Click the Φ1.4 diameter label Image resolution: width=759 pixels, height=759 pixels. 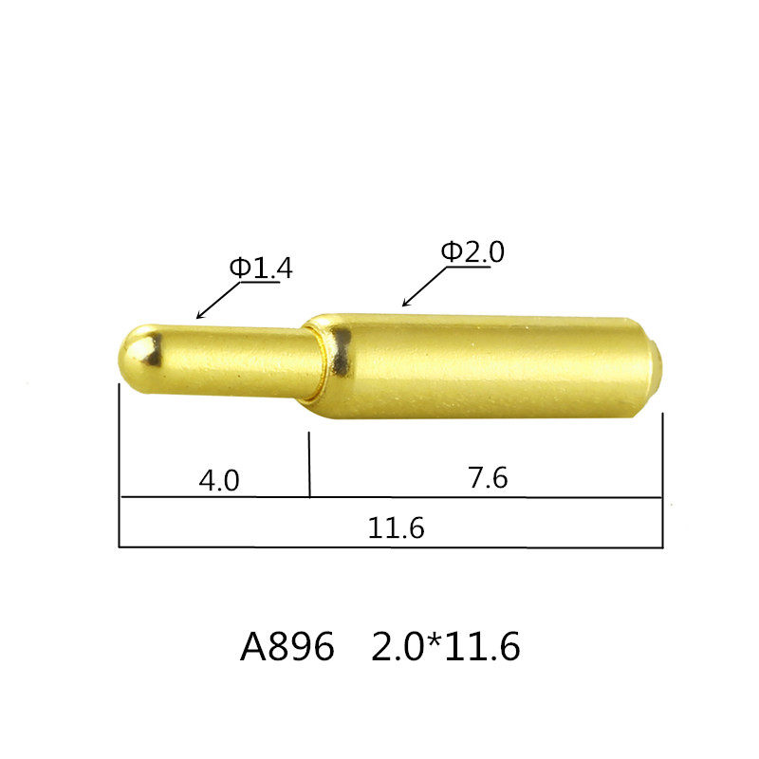[x=260, y=268]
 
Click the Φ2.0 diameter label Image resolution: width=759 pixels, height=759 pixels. [x=472, y=252]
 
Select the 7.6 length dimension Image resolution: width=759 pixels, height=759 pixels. [x=488, y=479]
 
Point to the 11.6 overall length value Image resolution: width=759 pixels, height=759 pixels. [x=396, y=529]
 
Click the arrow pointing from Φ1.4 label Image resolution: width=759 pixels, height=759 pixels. [x=216, y=301]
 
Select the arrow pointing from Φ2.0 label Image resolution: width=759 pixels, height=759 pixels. [x=423, y=287]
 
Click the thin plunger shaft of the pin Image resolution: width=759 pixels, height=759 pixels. [x=228, y=361]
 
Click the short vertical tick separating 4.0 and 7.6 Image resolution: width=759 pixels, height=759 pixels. [x=309, y=465]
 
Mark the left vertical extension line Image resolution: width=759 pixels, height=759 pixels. [x=120, y=465]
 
